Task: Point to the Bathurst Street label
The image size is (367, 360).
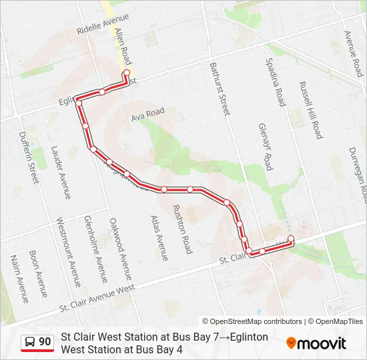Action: (219, 89)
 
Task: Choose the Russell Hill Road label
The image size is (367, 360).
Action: (312, 111)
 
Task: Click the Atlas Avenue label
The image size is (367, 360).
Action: (159, 237)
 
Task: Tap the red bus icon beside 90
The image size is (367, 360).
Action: (29, 342)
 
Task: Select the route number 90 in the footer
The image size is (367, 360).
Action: (45, 342)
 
